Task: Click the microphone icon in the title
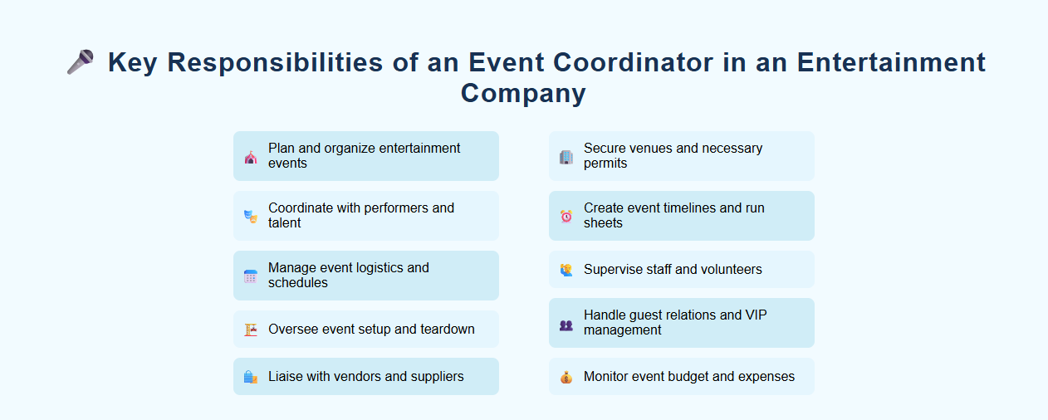[x=81, y=61]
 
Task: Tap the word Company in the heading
[x=523, y=93]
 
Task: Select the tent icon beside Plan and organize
[x=251, y=156]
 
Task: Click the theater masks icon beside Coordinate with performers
[x=251, y=216]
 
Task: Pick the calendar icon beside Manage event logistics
[x=251, y=276]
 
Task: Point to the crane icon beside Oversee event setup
[x=251, y=330]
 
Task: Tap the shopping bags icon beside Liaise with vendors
[x=251, y=377]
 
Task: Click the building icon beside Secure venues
[x=566, y=156]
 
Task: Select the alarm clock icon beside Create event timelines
[x=566, y=216]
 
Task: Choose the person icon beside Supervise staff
[x=566, y=270]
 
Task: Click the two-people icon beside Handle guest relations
[x=566, y=323]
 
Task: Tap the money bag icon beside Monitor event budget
[x=566, y=377]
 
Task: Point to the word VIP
[x=757, y=315]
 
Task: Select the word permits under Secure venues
[x=605, y=164]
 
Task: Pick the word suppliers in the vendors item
[x=435, y=377]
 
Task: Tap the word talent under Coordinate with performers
[x=284, y=223]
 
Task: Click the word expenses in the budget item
[x=766, y=377]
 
